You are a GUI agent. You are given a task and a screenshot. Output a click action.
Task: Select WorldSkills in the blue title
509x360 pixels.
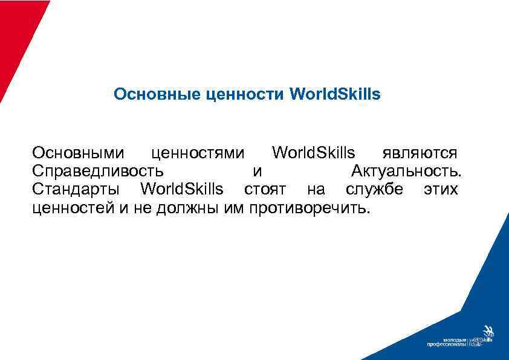click(x=336, y=95)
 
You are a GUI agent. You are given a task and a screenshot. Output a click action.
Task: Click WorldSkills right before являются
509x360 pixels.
click(x=313, y=152)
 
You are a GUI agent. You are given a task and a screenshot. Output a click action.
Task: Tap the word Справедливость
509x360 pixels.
click(x=97, y=170)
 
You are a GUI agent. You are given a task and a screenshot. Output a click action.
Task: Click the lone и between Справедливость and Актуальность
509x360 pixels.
click(x=258, y=171)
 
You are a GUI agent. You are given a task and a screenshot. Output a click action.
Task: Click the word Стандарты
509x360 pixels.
click(x=76, y=190)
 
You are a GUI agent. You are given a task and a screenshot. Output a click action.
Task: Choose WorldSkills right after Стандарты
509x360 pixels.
click(x=181, y=190)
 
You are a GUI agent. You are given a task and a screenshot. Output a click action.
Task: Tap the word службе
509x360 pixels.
click(x=374, y=190)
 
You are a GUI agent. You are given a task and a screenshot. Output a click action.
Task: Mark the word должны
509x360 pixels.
click(x=172, y=210)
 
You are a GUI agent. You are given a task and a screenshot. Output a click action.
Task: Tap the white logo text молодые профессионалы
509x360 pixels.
click(x=446, y=342)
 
